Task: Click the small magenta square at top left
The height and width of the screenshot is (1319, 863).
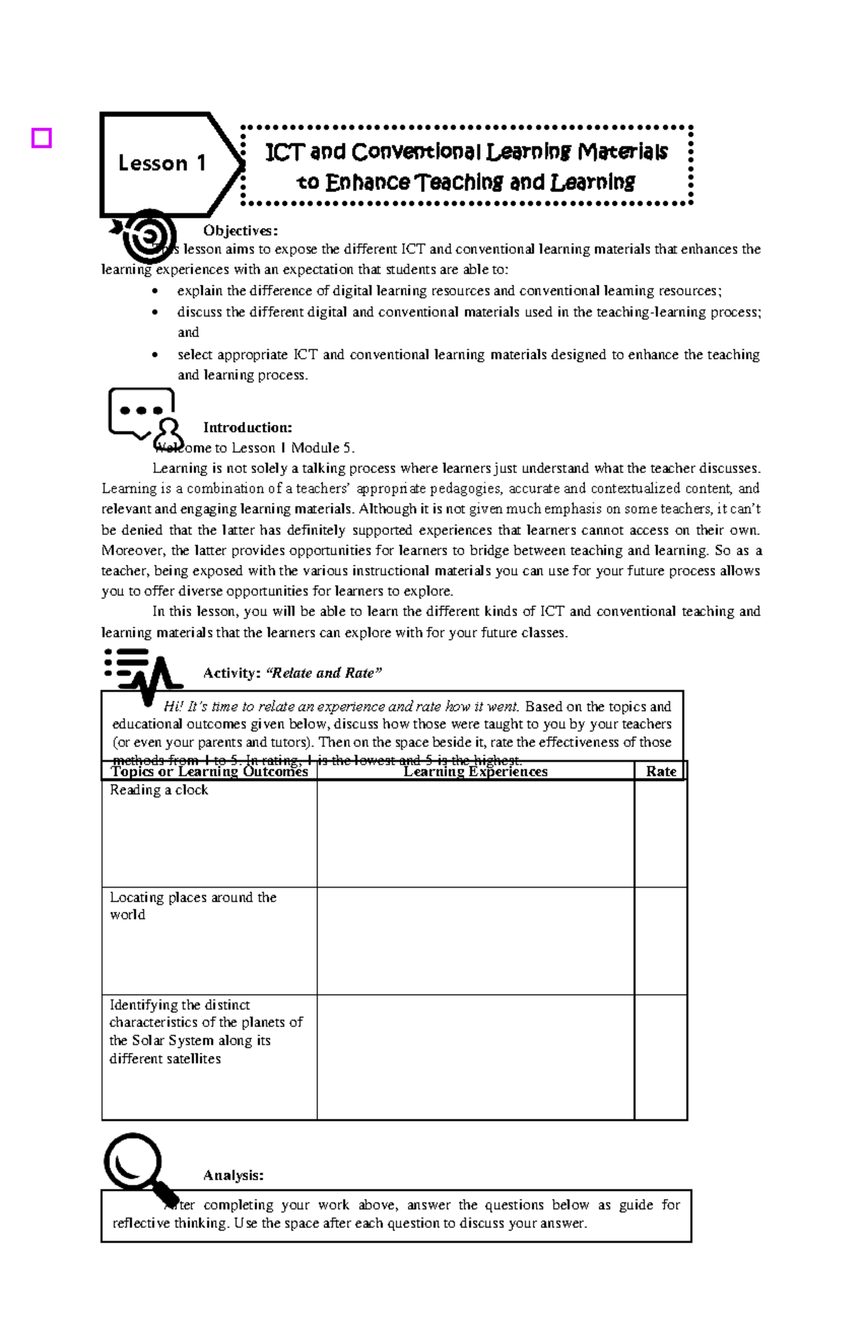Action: coord(42,137)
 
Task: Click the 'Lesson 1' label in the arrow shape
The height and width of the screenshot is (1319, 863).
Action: coord(162,164)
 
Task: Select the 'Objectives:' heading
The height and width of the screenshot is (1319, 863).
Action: coord(239,231)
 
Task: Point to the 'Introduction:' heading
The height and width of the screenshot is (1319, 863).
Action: coord(247,428)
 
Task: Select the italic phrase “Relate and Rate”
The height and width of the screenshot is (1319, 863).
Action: coord(324,673)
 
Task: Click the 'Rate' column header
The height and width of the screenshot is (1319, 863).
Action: coord(660,771)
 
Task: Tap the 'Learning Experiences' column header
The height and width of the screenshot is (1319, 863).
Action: coord(475,771)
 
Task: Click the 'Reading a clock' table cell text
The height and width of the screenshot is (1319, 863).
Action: coord(159,790)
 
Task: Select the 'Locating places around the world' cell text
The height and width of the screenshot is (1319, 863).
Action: coord(192,906)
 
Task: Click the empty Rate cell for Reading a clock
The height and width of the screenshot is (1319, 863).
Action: coord(660,834)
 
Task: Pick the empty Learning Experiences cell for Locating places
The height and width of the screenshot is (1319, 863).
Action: coord(475,941)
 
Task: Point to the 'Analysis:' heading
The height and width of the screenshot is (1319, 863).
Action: coord(233,1175)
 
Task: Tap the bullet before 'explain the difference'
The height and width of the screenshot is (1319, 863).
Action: coord(156,292)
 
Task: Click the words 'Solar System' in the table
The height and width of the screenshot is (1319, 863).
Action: coord(173,1040)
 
